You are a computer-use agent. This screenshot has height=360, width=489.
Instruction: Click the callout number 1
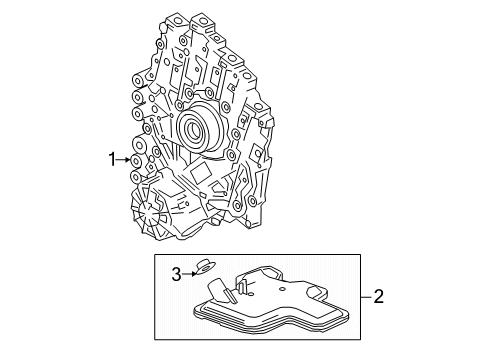tap(113, 157)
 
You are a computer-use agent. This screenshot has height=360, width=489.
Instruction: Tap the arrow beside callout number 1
tap(126, 157)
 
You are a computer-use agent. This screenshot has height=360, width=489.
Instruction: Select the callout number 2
tap(378, 297)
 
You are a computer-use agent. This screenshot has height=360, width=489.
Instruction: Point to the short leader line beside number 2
tap(365, 297)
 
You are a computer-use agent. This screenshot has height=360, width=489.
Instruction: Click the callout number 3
tap(174, 271)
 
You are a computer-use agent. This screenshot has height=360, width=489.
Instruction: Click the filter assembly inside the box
tap(265, 305)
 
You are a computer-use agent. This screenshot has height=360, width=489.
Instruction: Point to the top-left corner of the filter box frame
tap(155, 256)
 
